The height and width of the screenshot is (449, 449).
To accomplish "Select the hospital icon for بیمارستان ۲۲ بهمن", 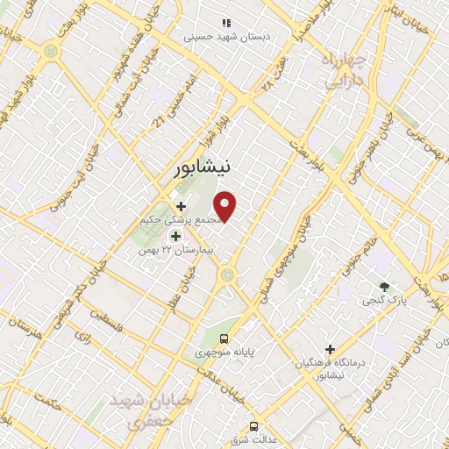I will pyautogui.click(x=175, y=236).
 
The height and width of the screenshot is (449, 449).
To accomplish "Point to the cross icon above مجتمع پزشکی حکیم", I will pyautogui.click(x=181, y=206).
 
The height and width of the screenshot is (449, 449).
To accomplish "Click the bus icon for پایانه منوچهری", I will pyautogui.click(x=224, y=338).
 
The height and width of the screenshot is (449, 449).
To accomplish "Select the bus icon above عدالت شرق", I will pyautogui.click(x=253, y=426).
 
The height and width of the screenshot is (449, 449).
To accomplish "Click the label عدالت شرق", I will pyautogui.click(x=254, y=439).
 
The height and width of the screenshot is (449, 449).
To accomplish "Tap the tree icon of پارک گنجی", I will pyautogui.click(x=383, y=286).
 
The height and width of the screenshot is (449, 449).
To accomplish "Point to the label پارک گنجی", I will pyautogui.click(x=383, y=300).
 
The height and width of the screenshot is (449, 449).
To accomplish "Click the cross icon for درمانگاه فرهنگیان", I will pyautogui.click(x=331, y=349).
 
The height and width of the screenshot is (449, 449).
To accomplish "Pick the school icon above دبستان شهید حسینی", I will pyautogui.click(x=226, y=24).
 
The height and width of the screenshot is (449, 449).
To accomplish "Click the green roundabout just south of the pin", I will pyautogui.click(x=228, y=276).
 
